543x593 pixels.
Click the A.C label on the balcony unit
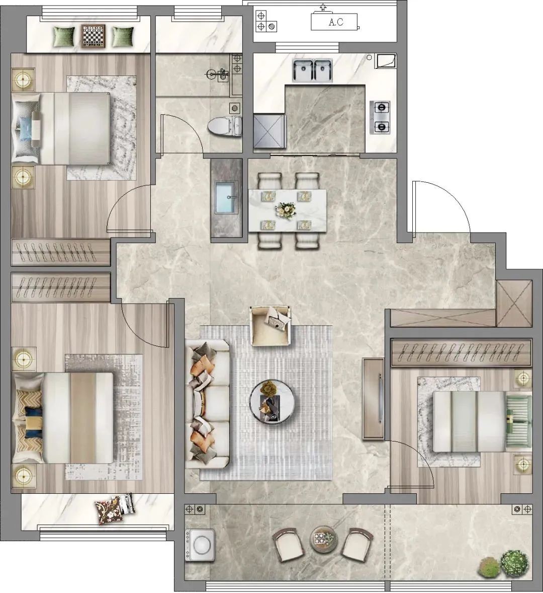[336, 22]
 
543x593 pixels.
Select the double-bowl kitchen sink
[312, 70]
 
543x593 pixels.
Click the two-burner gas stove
[380, 117]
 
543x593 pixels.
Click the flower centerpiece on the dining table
[286, 210]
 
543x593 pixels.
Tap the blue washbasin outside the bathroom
[226, 197]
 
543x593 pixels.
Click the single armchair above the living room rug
[270, 326]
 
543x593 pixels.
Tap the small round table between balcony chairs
[323, 538]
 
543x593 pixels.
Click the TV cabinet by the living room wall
[374, 399]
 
